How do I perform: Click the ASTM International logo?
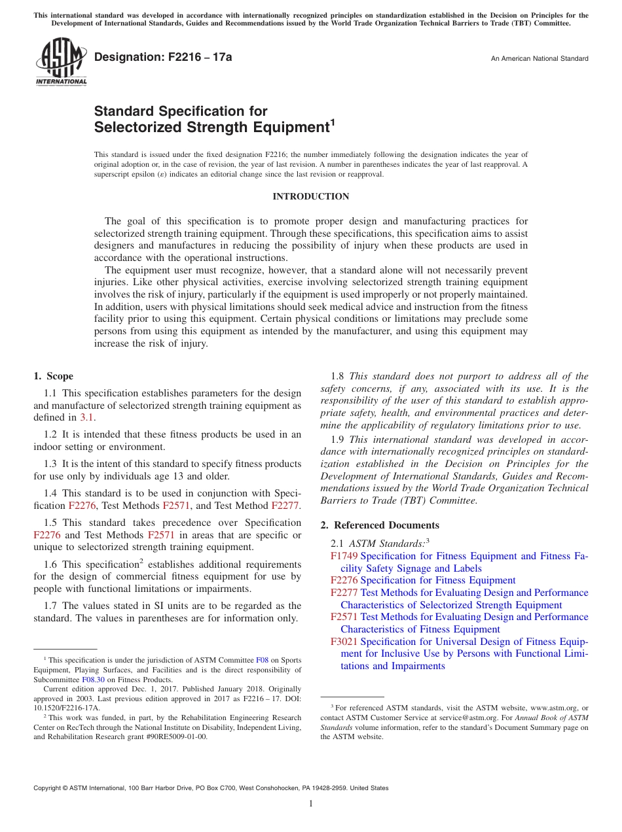[60, 62]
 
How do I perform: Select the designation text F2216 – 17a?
[163, 58]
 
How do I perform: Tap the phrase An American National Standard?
[539, 59]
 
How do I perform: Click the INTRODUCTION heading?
[311, 196]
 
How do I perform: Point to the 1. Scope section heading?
[53, 376]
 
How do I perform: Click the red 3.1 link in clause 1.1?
[86, 417]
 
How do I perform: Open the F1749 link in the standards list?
[344, 556]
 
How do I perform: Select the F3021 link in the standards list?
[344, 642]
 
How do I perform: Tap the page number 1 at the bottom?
[311, 803]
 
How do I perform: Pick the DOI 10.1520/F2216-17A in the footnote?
[67, 708]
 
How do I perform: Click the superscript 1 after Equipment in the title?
[332, 122]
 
